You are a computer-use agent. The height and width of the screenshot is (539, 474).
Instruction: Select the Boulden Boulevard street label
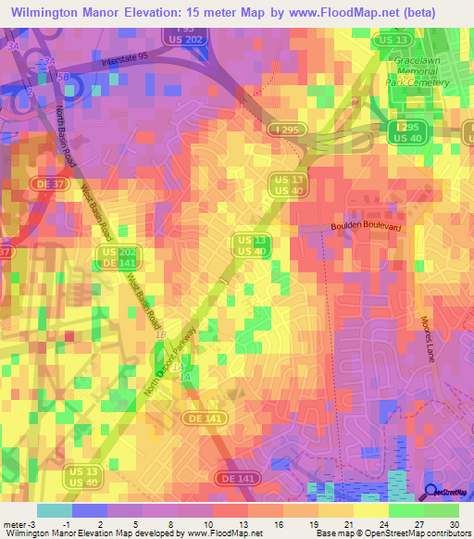pos(369,227)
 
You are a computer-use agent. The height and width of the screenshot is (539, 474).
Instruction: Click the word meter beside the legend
pos(16,524)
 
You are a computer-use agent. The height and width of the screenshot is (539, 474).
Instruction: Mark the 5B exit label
pos(64,79)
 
